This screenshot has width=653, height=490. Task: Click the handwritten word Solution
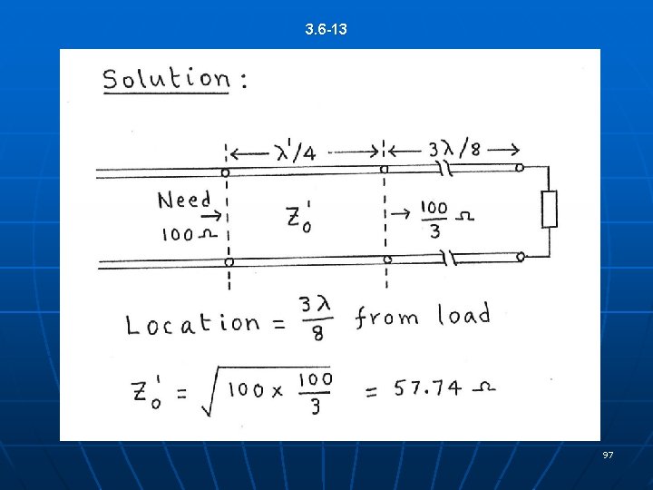coord(167,79)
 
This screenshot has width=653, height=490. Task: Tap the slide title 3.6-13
coord(326,30)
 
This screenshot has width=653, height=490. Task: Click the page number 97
coord(608,454)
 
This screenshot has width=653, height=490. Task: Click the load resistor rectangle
coord(549,210)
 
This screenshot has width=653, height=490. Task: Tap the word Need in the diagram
coord(184,200)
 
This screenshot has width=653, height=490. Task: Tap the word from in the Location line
coord(387,318)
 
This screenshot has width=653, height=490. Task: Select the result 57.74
coord(427,388)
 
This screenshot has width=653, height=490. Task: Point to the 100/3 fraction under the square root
coord(315,391)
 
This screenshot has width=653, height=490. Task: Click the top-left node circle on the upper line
coord(225,171)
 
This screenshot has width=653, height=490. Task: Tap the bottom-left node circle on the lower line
coord(229,262)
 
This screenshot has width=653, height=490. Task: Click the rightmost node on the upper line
coord(520,168)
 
